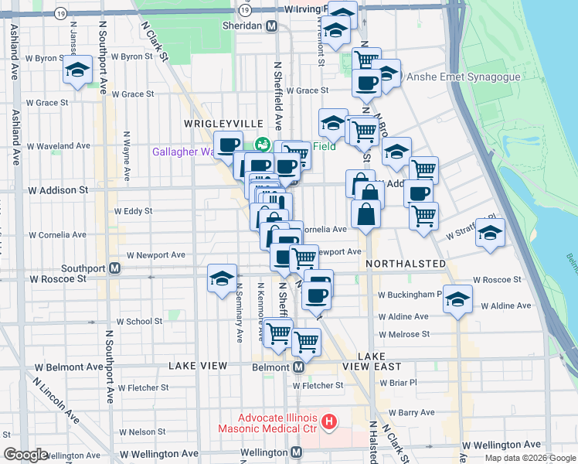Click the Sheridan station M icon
point(271,26)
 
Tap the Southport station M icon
point(114,268)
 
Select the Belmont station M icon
point(298,367)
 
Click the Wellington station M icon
point(296,452)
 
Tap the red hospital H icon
point(330,421)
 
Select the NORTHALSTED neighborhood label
point(406,264)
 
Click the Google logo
point(25,455)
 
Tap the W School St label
point(139,322)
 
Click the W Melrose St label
point(403,334)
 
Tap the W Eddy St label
point(133,210)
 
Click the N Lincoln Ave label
point(66,409)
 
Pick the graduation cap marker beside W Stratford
point(490,233)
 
